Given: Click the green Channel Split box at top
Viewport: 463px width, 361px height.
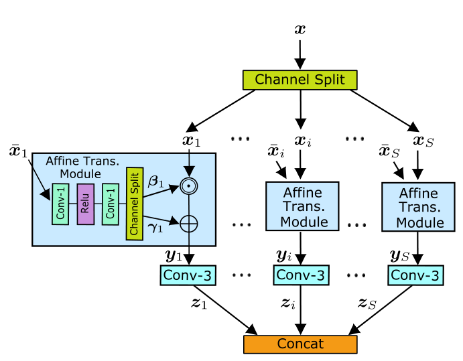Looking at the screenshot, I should click(300, 80).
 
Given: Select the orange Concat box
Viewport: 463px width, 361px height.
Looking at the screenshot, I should click(300, 344).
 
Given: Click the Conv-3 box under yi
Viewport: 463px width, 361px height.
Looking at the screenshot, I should click(301, 275).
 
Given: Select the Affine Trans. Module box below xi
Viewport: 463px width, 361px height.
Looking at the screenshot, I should click(301, 206).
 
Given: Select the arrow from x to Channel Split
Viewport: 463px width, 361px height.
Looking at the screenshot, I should click(300, 53).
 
